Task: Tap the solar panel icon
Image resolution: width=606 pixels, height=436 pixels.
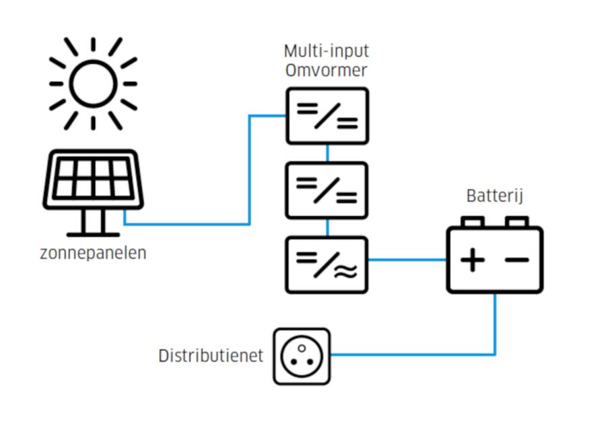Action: pyautogui.click(x=93, y=192)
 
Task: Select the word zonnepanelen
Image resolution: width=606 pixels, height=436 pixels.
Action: pyautogui.click(x=93, y=253)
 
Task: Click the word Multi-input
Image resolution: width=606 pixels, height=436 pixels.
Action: pyautogui.click(x=327, y=51)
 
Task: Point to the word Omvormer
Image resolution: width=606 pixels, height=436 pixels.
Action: pyautogui.click(x=326, y=70)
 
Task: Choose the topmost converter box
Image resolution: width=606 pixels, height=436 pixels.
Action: pyautogui.click(x=327, y=116)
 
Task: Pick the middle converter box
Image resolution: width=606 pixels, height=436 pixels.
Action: pyautogui.click(x=327, y=190)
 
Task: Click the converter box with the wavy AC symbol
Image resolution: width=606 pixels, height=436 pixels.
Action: pyautogui.click(x=327, y=265)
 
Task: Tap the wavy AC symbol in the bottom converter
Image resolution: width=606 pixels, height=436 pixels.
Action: pyautogui.click(x=346, y=271)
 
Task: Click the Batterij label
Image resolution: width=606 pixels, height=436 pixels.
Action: pyautogui.click(x=495, y=196)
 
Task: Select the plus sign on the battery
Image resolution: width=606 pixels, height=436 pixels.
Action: pyautogui.click(x=472, y=260)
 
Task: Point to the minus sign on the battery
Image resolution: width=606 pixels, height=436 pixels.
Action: pyautogui.click(x=516, y=260)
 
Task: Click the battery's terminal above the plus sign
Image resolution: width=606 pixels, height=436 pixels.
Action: pyautogui.click(x=472, y=221)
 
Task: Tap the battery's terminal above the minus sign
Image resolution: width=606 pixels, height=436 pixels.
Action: pyautogui.click(x=516, y=221)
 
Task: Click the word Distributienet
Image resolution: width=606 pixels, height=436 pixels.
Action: pyautogui.click(x=211, y=356)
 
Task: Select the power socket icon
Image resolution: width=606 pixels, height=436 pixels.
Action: pyautogui.click(x=302, y=357)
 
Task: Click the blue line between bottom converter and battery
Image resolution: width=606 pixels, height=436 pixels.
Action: pyautogui.click(x=407, y=260)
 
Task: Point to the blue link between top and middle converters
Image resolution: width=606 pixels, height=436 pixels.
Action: pyautogui.click(x=328, y=153)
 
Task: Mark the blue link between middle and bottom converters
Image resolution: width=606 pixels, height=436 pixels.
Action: pyautogui.click(x=328, y=228)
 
